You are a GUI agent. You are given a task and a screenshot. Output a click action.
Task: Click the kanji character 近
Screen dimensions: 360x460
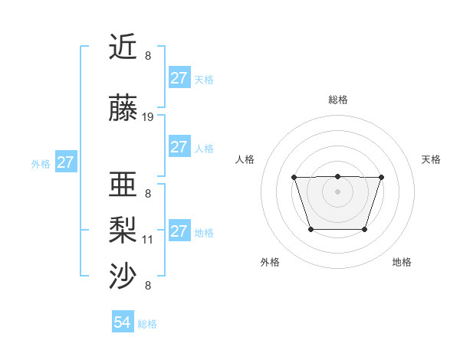[123, 47]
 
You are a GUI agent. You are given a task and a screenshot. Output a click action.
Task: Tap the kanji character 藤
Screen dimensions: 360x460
[123, 110]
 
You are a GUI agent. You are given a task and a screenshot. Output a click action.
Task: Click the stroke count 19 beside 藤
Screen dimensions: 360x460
[148, 117]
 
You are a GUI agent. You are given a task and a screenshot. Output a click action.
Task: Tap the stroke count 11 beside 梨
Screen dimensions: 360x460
[148, 239]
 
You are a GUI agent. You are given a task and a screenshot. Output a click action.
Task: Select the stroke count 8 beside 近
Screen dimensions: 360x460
[148, 55]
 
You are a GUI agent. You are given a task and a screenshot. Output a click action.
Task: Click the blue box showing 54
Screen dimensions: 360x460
[123, 322]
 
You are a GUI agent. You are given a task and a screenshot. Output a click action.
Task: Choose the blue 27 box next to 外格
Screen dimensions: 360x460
[65, 162]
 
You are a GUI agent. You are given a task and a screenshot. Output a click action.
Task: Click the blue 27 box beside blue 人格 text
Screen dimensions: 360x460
[179, 147]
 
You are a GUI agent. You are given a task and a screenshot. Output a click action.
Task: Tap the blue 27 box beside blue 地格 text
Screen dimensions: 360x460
[179, 231]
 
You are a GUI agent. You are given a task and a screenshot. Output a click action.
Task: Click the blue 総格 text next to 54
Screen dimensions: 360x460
[147, 324]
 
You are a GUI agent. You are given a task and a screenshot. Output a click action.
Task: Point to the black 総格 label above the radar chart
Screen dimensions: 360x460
[337, 100]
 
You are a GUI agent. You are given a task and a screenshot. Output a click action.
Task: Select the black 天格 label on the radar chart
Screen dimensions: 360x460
[431, 159]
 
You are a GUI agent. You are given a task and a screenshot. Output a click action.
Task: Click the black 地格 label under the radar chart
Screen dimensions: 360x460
[402, 262]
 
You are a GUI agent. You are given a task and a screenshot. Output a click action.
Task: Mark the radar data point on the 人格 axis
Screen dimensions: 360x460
[294, 178]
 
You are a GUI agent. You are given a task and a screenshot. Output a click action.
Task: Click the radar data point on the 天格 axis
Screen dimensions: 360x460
[381, 178]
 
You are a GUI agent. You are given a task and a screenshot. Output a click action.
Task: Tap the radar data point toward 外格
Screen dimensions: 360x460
[310, 229]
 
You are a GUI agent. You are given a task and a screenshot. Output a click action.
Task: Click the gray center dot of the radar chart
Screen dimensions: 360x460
[337, 191]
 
